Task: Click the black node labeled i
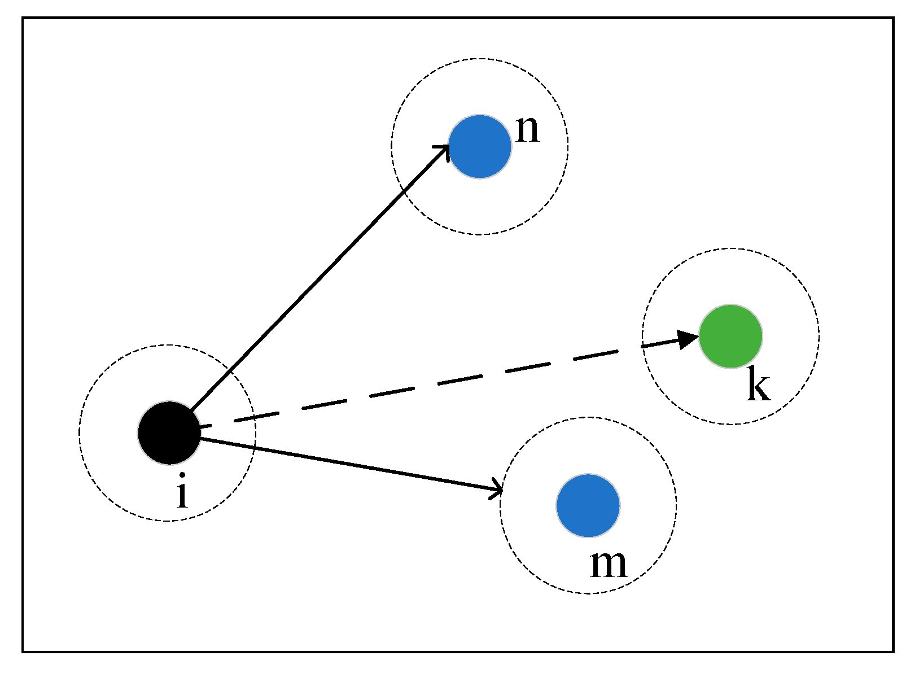(x=169, y=433)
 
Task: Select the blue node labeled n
(x=480, y=147)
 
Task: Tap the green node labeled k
(x=730, y=336)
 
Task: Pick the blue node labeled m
(x=588, y=505)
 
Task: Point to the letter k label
(x=758, y=384)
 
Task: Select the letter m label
(x=609, y=564)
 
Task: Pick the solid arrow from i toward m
(x=350, y=463)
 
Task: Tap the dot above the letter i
(x=182, y=475)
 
